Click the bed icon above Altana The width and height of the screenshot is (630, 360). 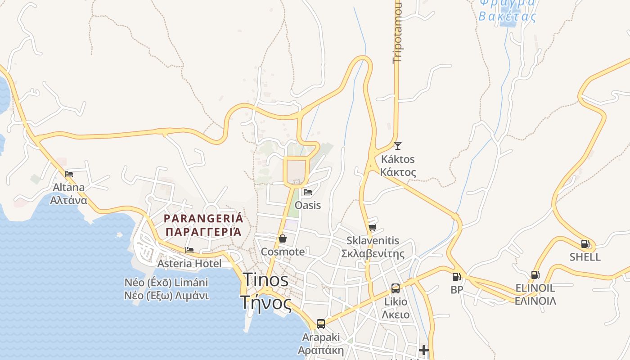coord(69,174)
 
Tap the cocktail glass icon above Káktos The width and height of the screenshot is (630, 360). coord(397,145)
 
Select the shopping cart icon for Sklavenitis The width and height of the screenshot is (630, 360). coord(372,227)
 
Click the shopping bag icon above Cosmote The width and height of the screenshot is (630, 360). coord(283,238)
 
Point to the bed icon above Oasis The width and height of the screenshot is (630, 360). coord(308,192)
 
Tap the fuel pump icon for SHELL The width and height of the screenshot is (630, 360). coord(585,244)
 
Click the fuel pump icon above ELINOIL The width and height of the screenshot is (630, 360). coord(535,274)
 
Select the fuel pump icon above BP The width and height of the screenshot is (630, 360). coord(456,276)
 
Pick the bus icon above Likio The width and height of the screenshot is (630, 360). coord(396,288)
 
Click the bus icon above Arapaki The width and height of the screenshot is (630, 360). coord(321,324)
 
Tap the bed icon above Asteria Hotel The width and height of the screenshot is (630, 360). coord(189,250)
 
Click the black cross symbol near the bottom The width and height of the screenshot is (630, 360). coord(423,350)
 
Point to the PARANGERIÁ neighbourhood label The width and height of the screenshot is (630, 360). coord(203,219)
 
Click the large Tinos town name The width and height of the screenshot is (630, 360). coord(265,280)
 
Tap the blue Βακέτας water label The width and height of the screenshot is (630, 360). coord(508,17)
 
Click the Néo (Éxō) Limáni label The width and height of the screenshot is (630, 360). coord(166,283)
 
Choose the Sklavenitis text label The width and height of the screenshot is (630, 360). coord(373,241)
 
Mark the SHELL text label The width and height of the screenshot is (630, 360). coord(585,257)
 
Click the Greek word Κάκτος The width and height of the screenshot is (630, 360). coord(398,172)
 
